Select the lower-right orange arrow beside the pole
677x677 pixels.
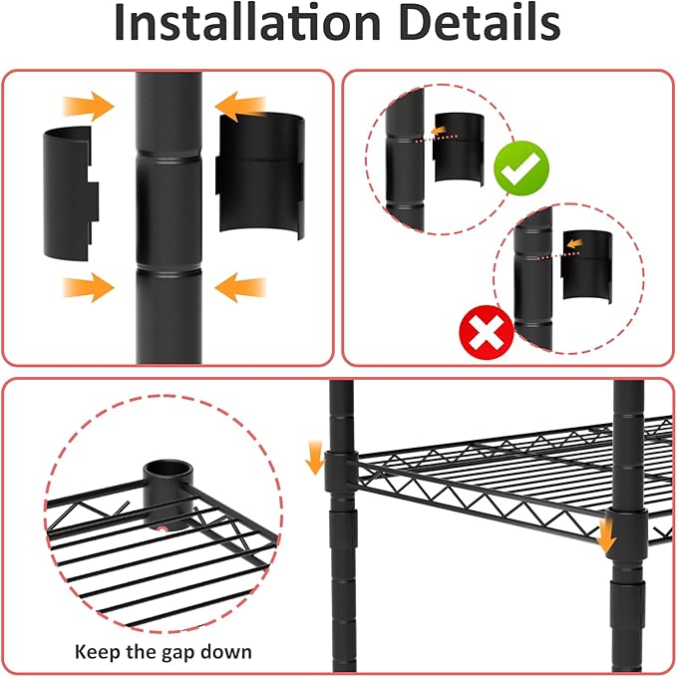click(x=240, y=289)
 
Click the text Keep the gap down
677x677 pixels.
click(x=164, y=653)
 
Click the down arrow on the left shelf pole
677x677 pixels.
click(x=316, y=460)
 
